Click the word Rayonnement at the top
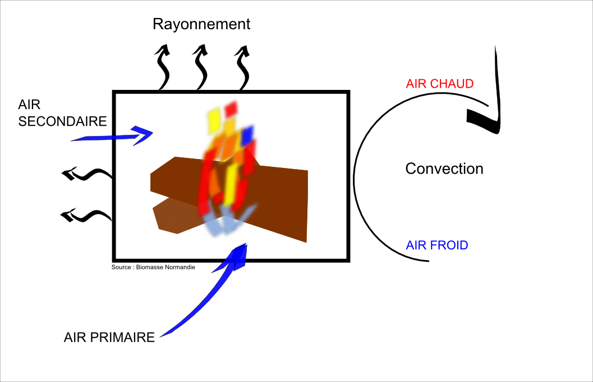201,24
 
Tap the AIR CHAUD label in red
439,84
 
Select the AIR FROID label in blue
437,245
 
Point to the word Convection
444,169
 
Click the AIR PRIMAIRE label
109,337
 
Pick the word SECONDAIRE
62,121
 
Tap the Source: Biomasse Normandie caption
153,267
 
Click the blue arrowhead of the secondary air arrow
142,135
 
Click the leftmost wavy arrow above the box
163,68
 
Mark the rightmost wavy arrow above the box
243,68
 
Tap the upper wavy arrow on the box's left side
87,174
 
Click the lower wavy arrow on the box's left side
87,216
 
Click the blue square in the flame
248,135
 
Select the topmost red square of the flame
231,109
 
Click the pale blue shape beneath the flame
227,221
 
